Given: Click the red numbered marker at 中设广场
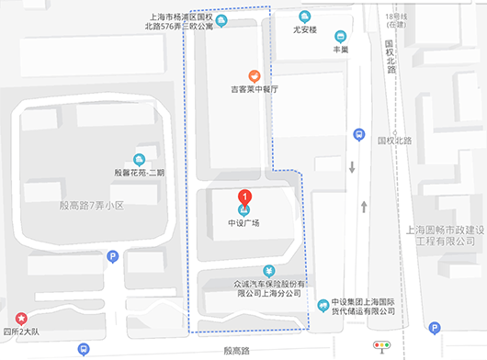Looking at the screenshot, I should [x=244, y=196].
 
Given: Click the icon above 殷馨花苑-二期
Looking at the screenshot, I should [x=140, y=158].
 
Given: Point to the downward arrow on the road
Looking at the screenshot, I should [x=352, y=167].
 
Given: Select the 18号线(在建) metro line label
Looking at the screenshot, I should [x=396, y=21].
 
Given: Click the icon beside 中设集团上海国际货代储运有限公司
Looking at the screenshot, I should [x=323, y=306].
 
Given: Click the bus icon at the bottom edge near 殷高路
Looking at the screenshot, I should [x=84, y=350].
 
